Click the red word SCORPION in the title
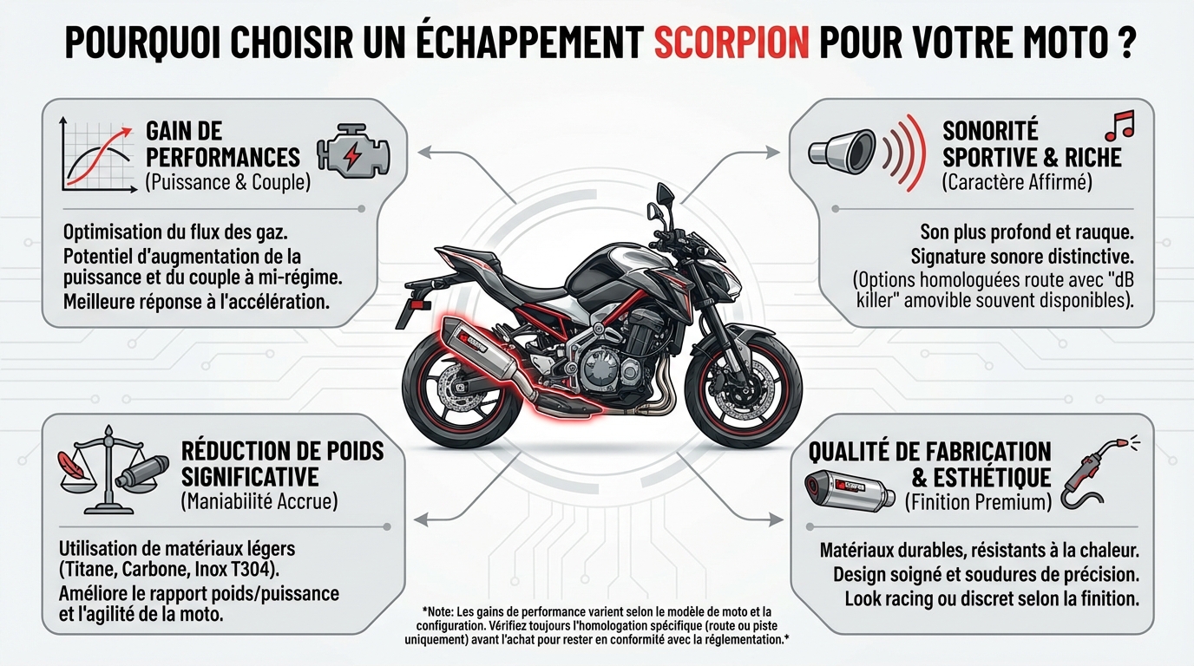[731, 43]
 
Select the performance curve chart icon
[96, 156]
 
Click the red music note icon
[1120, 126]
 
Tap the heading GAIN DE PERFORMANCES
[222, 144]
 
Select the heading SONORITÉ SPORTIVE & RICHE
[1032, 144]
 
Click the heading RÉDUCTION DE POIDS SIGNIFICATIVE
[282, 463]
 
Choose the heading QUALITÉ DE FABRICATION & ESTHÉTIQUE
[929, 464]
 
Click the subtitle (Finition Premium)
[978, 501]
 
